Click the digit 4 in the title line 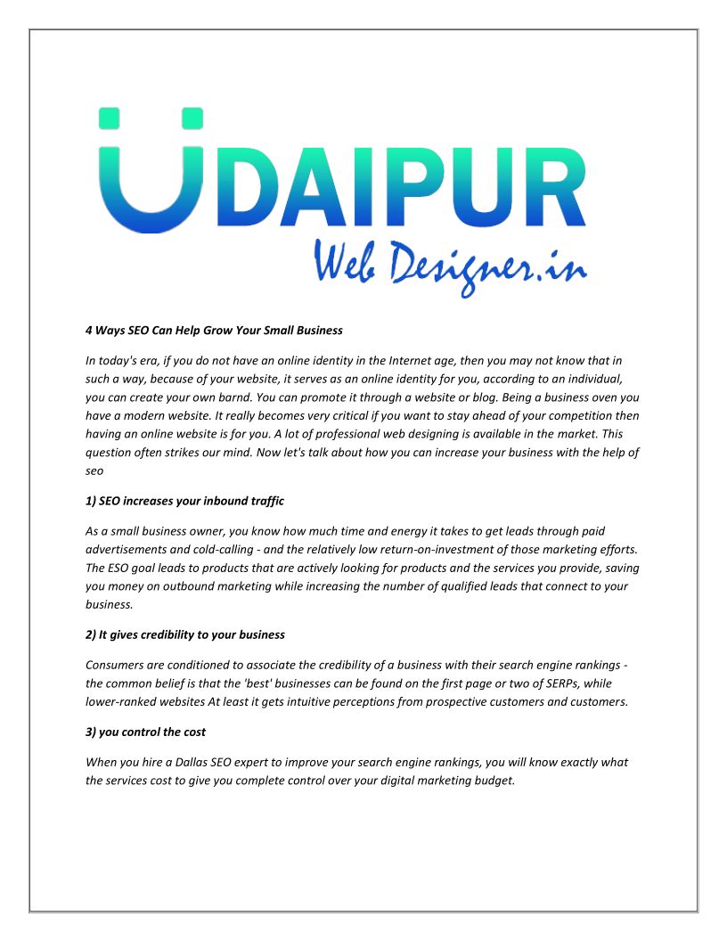pos(89,330)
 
